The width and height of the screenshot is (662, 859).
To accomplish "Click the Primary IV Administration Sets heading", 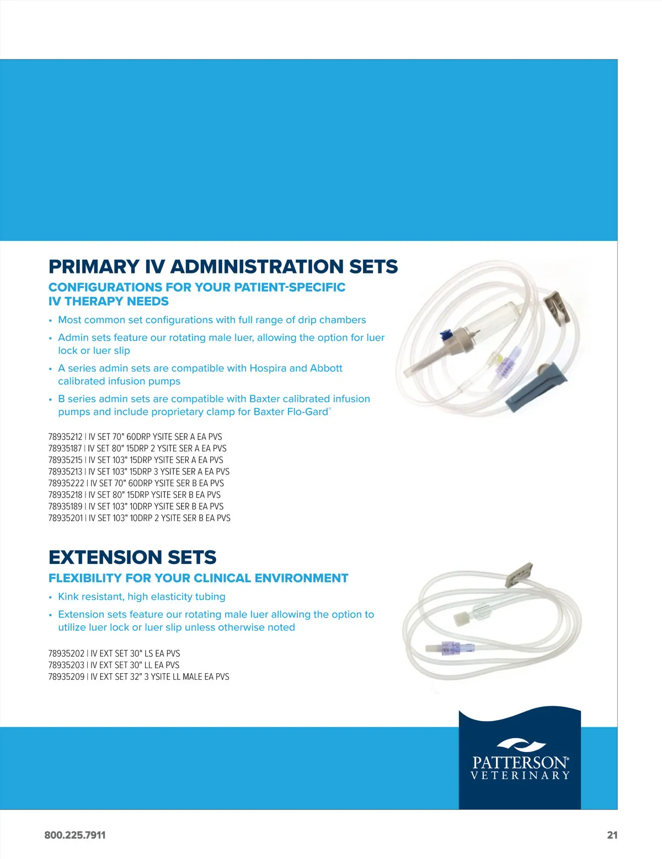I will point(223,267).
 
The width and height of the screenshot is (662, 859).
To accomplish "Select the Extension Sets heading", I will point(132,557).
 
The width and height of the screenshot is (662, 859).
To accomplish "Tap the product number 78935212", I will point(65,437).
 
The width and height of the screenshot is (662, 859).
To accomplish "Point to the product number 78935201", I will point(65,518).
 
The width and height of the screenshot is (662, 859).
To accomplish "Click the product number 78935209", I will point(66,677).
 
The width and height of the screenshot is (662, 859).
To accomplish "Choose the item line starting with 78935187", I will point(137,448).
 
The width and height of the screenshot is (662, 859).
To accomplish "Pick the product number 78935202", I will point(66,653).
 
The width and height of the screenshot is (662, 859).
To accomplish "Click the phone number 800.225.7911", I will point(75,835).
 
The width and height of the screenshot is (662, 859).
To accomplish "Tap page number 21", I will point(612,835).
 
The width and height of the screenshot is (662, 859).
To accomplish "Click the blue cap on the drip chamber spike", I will point(446,335).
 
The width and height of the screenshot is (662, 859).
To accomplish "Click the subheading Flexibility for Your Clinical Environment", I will point(198,578).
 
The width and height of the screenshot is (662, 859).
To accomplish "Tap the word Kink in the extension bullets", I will point(68,597).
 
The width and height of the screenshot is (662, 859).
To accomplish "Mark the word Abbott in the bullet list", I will point(326,368).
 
